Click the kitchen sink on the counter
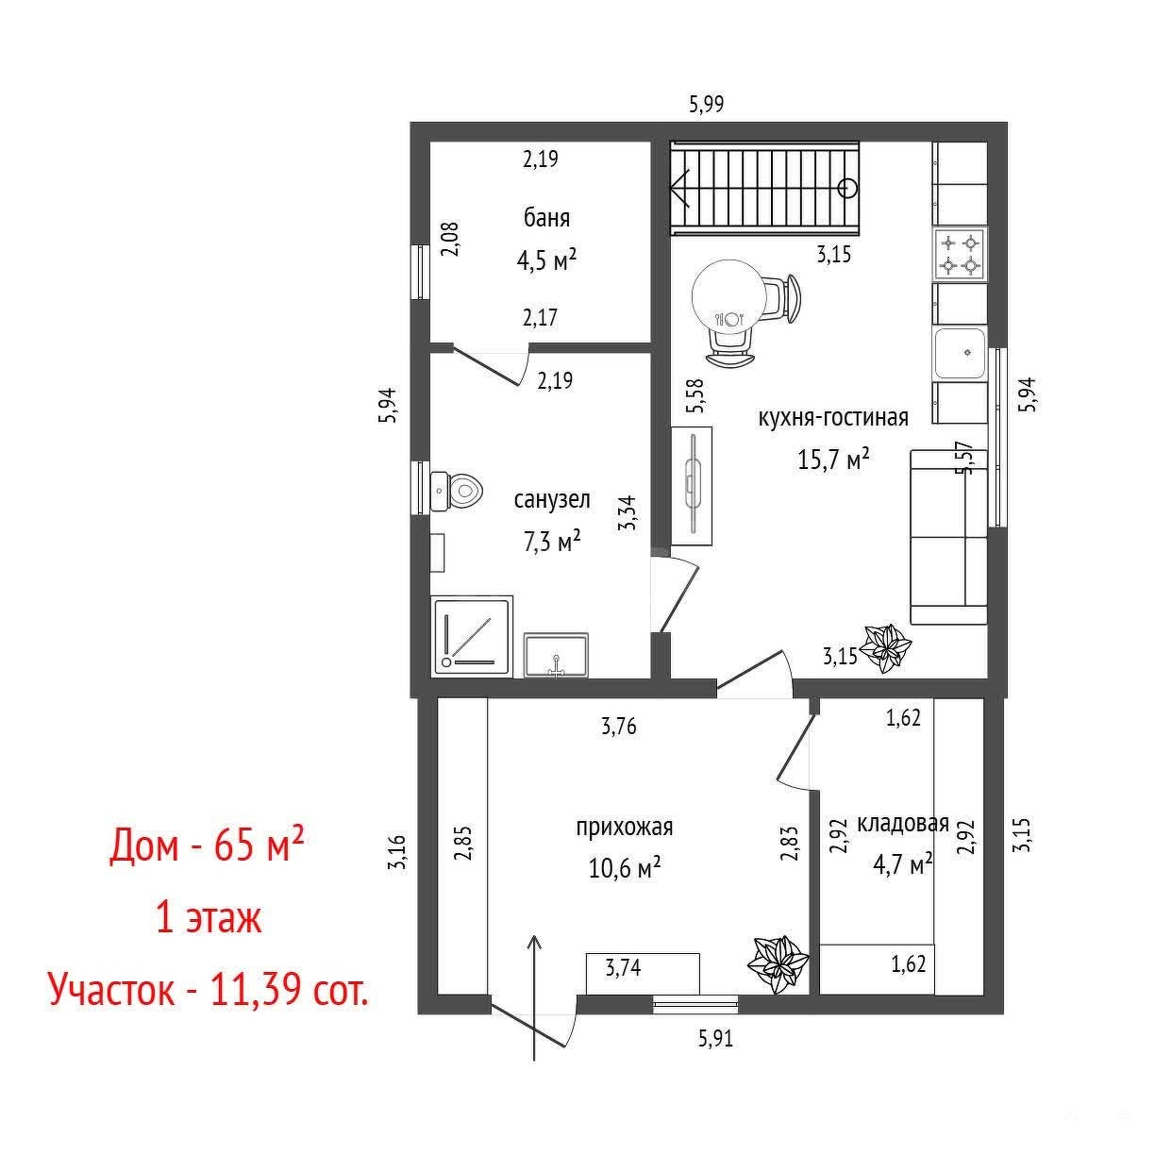961,353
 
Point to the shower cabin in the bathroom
472,637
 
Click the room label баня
546,218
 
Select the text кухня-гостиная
833,417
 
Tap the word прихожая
625,828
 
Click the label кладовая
903,824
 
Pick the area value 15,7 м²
833,460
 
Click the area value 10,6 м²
625,867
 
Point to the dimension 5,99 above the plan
707,105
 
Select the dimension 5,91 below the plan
715,1038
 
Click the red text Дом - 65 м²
207,845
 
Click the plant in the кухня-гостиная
885,648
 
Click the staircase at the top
764,188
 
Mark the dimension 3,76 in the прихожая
619,727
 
